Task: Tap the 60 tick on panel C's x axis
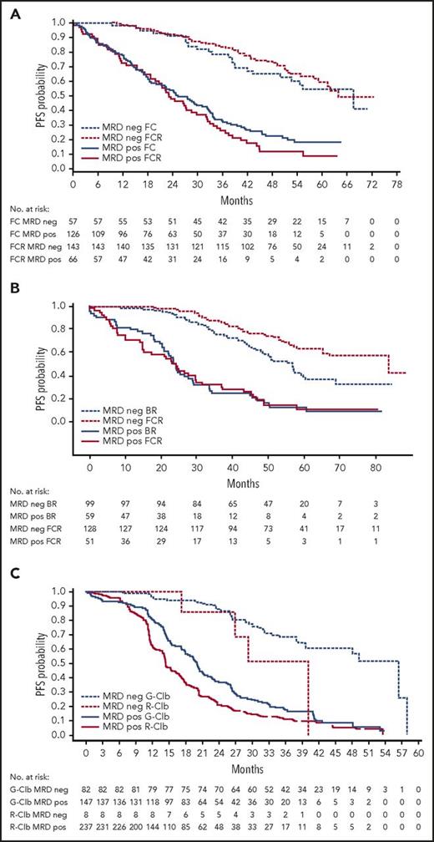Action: pos(417,751)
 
